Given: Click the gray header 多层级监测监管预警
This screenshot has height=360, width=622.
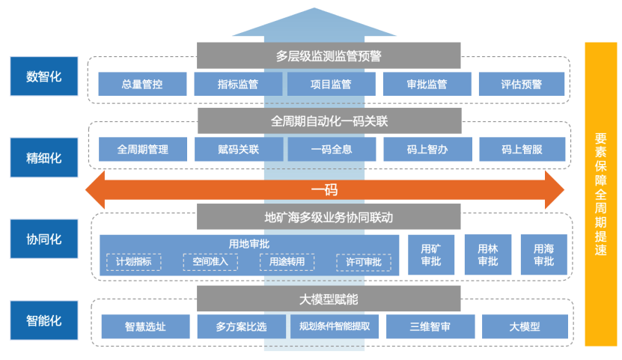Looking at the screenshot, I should pos(329,55).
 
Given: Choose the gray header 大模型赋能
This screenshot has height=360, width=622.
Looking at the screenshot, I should pos(329,299).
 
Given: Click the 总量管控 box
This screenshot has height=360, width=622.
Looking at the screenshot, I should pos(142,84).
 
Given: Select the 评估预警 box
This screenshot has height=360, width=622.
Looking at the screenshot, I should pos(522,84).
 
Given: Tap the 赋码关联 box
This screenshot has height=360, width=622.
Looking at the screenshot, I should pos(238,149).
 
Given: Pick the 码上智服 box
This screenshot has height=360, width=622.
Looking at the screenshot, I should pos(522,149).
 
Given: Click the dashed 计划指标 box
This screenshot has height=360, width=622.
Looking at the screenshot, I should pos(133,262).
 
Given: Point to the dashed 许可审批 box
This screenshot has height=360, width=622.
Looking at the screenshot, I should pos(363,262).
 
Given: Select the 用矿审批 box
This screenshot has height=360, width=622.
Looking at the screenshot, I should pos(430,254).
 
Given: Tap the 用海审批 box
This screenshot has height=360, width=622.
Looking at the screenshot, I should pos(543,254).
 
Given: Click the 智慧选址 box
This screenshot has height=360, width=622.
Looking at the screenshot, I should pos(145,326).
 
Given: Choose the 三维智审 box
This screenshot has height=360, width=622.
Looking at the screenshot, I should pos(430,326).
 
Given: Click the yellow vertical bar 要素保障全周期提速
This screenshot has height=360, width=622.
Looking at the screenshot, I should pos(600,194).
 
